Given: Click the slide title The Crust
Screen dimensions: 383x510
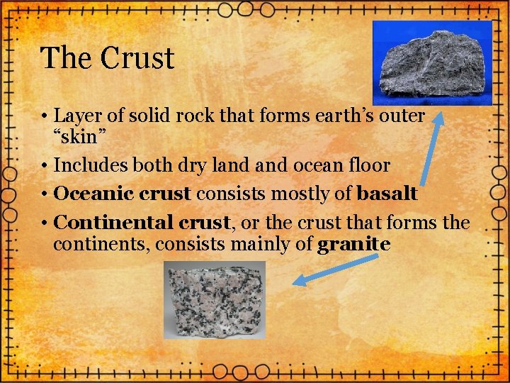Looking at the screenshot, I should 107,58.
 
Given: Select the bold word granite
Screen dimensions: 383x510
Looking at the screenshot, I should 354,245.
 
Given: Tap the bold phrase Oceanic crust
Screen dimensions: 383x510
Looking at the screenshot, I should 123,194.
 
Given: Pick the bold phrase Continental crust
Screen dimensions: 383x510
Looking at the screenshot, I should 142,223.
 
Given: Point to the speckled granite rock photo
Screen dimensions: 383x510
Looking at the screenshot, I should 215,299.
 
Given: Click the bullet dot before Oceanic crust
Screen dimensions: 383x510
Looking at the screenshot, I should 45,194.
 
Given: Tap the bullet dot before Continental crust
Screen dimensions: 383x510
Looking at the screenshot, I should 45,223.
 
